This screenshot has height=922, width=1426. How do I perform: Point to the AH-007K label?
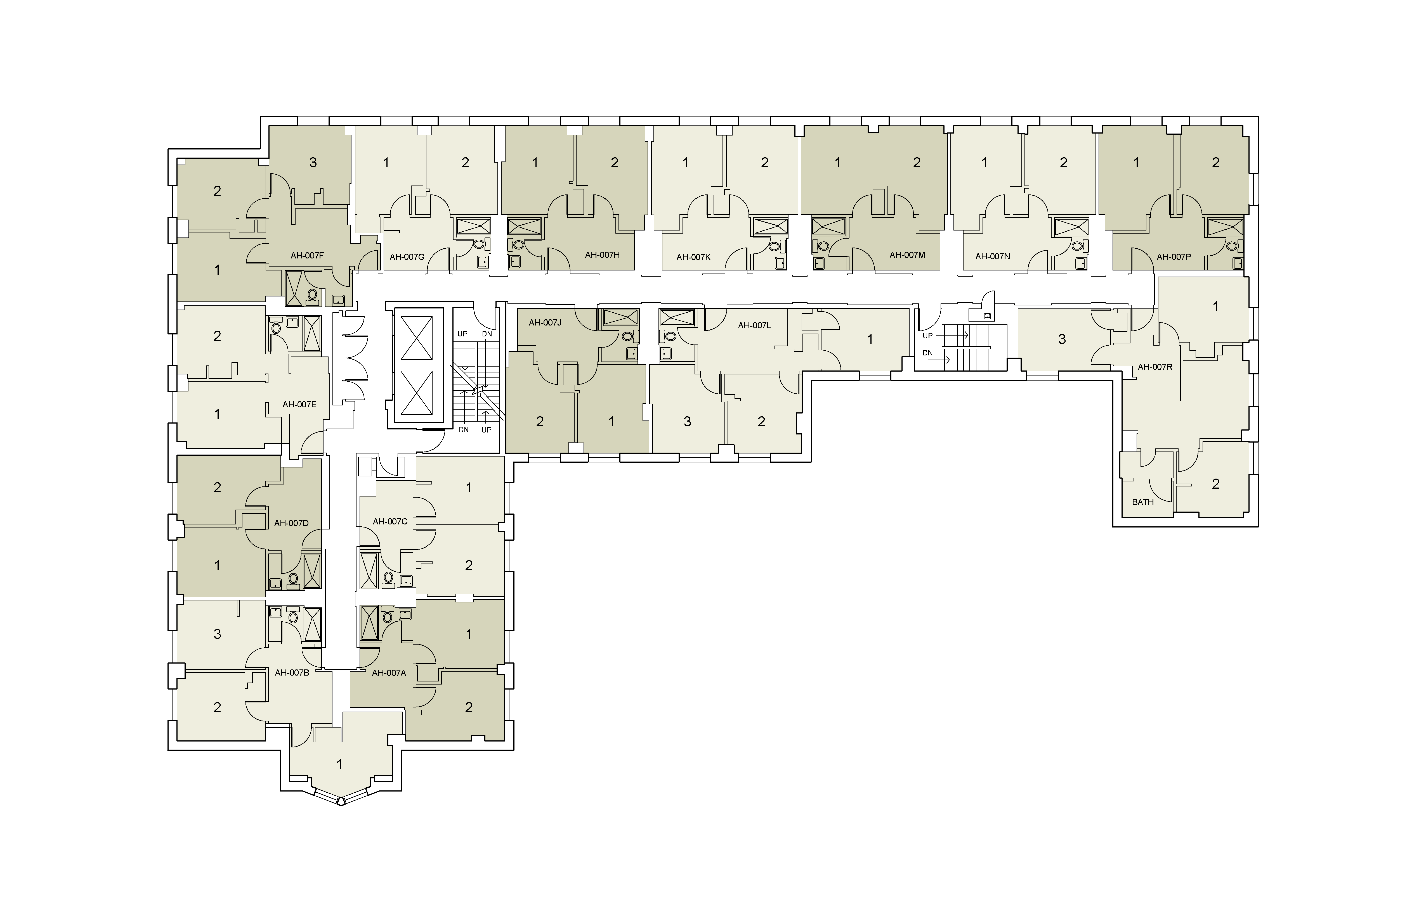point(693,257)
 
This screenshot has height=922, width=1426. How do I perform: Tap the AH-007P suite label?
point(1174,257)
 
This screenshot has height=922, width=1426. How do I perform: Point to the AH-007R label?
point(1155,367)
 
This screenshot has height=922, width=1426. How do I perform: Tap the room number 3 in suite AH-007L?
point(687,422)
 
